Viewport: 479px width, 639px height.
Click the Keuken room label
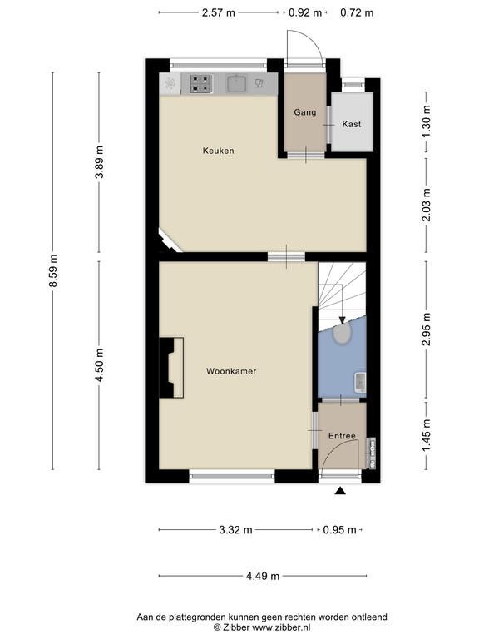(219, 151)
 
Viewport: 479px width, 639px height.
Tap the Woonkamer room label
(231, 371)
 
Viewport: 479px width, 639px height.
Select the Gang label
(305, 112)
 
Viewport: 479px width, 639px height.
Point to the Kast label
(352, 124)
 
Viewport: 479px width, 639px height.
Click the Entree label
(342, 436)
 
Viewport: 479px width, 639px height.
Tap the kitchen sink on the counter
(236, 83)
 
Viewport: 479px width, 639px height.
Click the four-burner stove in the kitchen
(201, 83)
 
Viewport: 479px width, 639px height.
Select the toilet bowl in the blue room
(342, 334)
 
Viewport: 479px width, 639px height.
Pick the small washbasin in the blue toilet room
(360, 382)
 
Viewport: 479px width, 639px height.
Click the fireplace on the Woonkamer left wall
(171, 368)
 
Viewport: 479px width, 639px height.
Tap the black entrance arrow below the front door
(340, 491)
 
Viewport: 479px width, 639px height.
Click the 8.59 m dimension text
(53, 270)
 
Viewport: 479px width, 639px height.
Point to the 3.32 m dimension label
(235, 530)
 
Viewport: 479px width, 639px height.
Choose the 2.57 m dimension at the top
(219, 12)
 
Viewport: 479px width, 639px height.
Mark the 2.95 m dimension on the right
(427, 329)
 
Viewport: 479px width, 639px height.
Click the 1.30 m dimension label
(427, 121)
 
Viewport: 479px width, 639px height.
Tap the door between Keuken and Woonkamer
(286, 257)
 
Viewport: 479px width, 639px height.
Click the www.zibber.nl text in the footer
(281, 627)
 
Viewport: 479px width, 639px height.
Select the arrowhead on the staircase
(342, 320)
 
